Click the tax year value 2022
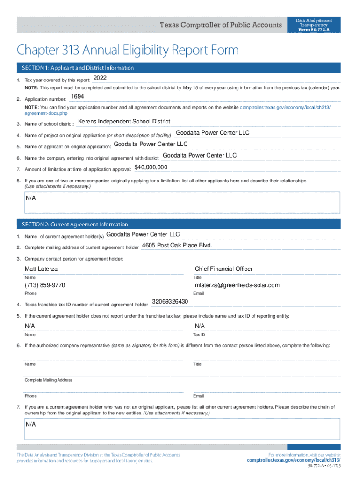click(x=101, y=78)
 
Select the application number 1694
click(x=77, y=96)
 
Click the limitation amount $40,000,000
click(x=151, y=167)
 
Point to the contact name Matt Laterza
click(x=41, y=269)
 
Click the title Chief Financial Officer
click(x=223, y=269)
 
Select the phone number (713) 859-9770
click(x=45, y=285)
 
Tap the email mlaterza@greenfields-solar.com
click(x=237, y=285)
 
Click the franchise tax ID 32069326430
click(x=170, y=301)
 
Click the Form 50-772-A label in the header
click(x=314, y=30)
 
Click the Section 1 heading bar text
click(x=78, y=68)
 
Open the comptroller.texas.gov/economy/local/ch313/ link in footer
click(x=294, y=460)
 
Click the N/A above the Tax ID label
click(x=200, y=326)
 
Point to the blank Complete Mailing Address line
click(x=182, y=375)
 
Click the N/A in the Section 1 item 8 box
click(x=31, y=198)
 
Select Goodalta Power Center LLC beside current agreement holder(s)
click(x=143, y=234)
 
